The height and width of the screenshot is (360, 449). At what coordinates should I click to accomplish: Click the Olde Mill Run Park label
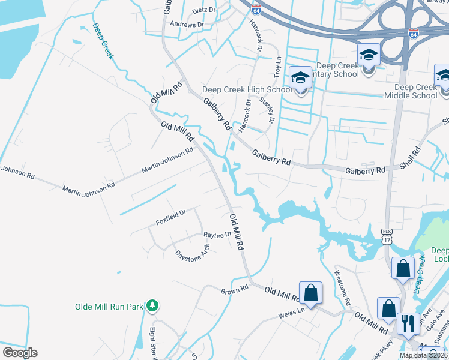point(109,306)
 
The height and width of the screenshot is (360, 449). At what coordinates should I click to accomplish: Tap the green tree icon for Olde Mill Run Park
point(153,306)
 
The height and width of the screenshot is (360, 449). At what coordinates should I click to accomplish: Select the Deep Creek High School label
point(247,90)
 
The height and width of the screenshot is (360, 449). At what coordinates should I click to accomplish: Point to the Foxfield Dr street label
point(171,217)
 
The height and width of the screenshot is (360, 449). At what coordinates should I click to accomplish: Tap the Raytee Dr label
point(217,235)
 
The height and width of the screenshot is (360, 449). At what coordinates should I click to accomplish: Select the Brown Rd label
point(234,290)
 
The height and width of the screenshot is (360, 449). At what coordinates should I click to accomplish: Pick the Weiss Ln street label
point(292,313)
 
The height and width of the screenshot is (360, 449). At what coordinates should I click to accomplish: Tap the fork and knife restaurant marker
point(409,323)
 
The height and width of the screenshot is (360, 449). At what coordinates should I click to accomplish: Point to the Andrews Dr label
point(187,25)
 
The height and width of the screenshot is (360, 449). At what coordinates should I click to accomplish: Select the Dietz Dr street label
point(203,10)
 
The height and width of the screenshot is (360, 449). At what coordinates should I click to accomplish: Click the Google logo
point(20,353)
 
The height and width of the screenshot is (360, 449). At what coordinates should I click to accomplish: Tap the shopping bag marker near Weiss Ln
point(310,293)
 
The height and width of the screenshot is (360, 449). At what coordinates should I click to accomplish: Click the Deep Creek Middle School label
point(416,91)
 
